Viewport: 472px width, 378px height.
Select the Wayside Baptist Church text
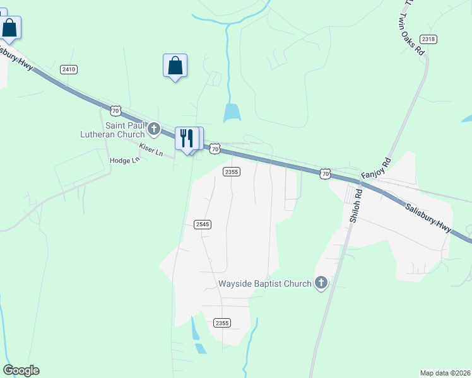point(265,283)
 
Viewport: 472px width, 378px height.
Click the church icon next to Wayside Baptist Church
point(321,283)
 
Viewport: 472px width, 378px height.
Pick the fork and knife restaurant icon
point(186,138)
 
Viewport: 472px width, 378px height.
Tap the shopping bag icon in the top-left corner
point(9,28)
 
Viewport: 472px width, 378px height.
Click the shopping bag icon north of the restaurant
point(175,66)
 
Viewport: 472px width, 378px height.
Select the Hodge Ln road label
point(124,161)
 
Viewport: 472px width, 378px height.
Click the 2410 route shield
point(69,69)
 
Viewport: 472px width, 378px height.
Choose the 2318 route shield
point(428,39)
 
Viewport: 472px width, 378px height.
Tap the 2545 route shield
point(202,224)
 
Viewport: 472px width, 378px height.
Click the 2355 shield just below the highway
point(231,171)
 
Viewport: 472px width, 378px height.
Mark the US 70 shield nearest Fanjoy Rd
point(325,173)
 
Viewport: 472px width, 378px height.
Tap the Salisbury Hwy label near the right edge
point(428,217)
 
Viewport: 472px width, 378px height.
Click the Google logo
point(21,370)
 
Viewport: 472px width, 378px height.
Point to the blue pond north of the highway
point(232,113)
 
